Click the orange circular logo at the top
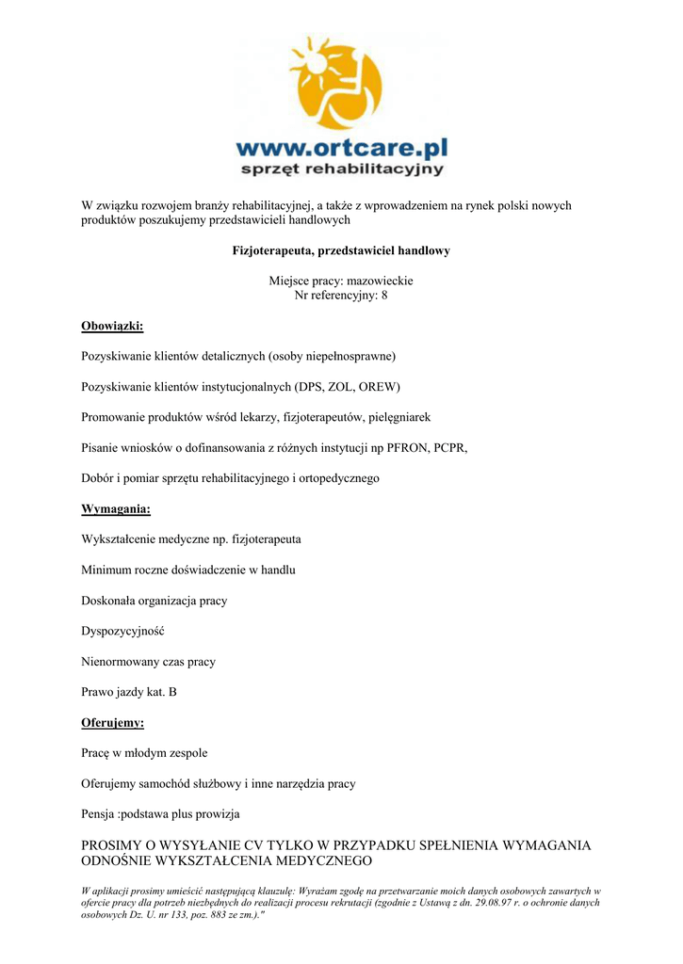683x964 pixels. click(x=338, y=83)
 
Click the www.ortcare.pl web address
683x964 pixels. click(x=341, y=148)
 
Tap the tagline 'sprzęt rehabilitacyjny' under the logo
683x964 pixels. click(x=342, y=169)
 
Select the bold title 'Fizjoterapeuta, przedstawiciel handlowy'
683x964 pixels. click(x=341, y=251)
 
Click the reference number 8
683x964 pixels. click(x=383, y=295)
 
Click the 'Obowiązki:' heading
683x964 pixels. click(x=112, y=326)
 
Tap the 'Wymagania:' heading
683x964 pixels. click(x=116, y=509)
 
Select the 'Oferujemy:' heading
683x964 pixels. click(x=113, y=723)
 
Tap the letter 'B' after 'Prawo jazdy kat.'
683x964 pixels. click(x=172, y=693)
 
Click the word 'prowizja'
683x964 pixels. click(x=219, y=814)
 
